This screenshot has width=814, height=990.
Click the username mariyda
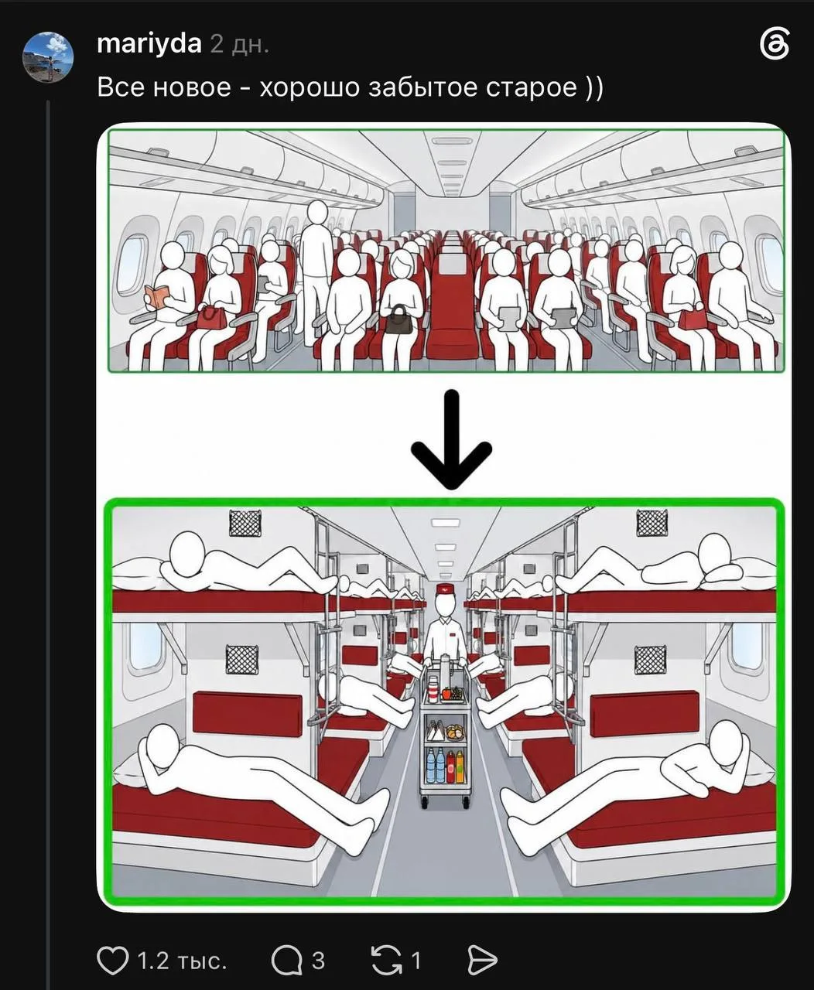(149, 44)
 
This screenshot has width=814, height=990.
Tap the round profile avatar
(48, 56)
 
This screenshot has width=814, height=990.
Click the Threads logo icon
(774, 44)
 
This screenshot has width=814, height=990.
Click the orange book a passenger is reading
(156, 297)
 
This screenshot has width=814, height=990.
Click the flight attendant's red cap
(444, 589)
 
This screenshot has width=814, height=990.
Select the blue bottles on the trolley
(436, 766)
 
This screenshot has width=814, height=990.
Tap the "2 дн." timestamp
(240, 45)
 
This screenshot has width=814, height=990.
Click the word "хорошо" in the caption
(309, 87)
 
